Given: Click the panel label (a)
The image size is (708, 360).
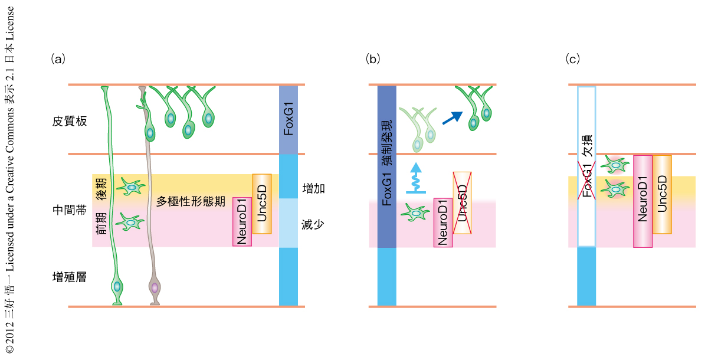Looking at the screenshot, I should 58,58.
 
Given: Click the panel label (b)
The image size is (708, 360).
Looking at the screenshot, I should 373,58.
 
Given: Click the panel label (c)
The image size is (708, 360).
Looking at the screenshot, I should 572,58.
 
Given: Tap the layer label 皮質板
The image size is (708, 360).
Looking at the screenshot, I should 70,122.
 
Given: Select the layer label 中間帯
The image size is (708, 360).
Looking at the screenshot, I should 70,210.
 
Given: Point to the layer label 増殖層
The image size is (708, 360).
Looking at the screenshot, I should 70,276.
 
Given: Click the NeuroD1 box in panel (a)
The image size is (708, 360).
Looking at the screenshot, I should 242,221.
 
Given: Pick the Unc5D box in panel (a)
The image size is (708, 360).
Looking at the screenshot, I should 261,207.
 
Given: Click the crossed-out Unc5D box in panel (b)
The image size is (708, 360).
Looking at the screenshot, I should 462,203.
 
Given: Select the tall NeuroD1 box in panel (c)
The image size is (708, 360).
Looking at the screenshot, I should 643,201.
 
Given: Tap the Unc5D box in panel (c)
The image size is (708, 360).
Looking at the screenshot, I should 662,194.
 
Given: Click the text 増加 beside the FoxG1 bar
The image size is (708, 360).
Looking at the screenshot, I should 314,188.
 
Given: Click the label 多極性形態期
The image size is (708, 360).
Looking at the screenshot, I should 191,201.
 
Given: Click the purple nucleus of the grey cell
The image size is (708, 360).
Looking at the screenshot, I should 155,288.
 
